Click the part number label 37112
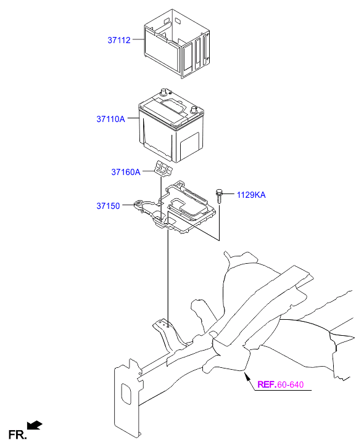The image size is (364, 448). click(x=119, y=40)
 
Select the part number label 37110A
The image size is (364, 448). click(x=110, y=119)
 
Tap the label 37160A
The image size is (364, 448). click(x=126, y=172)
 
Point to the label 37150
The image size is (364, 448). click(x=108, y=206)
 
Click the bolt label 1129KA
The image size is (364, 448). click(x=251, y=195)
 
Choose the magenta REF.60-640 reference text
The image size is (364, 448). click(x=281, y=385)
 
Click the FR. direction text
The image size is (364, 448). click(x=17, y=435)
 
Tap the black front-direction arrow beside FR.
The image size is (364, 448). click(x=35, y=425)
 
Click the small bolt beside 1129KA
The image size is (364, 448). click(x=219, y=196)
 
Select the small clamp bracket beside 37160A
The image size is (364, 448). click(x=164, y=168)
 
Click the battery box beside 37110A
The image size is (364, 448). click(x=172, y=126)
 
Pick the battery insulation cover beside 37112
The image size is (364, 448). click(x=177, y=43)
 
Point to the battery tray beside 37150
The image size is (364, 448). click(x=175, y=208)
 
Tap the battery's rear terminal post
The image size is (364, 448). click(x=164, y=92)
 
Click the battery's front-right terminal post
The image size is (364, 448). click(x=194, y=110)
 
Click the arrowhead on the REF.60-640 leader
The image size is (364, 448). click(x=246, y=375)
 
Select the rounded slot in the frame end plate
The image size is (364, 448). click(x=126, y=394)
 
